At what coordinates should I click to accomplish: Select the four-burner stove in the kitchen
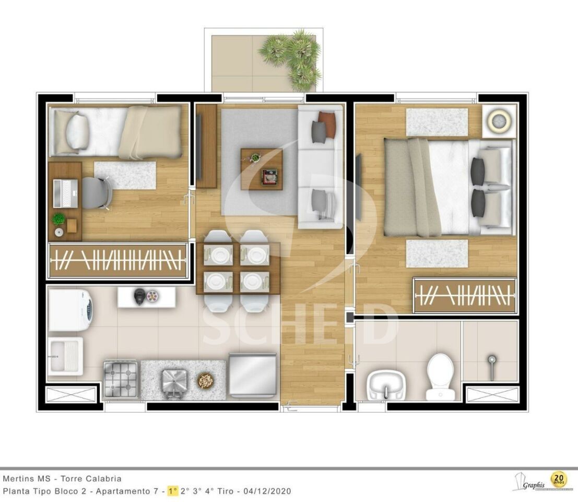click(x=121, y=379)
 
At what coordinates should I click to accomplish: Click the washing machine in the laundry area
click(x=70, y=310)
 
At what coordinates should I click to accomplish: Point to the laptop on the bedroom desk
click(x=66, y=193)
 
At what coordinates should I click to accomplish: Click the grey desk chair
click(x=97, y=193)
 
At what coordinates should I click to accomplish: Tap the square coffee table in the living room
click(x=262, y=169)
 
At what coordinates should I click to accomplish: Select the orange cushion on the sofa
click(x=327, y=124)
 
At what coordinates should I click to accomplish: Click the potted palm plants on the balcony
click(x=291, y=59)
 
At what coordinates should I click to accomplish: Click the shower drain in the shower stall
click(x=491, y=358)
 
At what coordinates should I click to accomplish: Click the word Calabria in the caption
click(x=103, y=479)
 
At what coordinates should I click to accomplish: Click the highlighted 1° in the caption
click(x=172, y=492)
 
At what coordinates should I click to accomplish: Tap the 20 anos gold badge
click(x=558, y=480)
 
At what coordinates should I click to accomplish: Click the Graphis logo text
click(x=534, y=485)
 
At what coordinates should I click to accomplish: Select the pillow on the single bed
click(x=77, y=131)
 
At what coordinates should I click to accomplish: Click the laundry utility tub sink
click(x=65, y=356)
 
